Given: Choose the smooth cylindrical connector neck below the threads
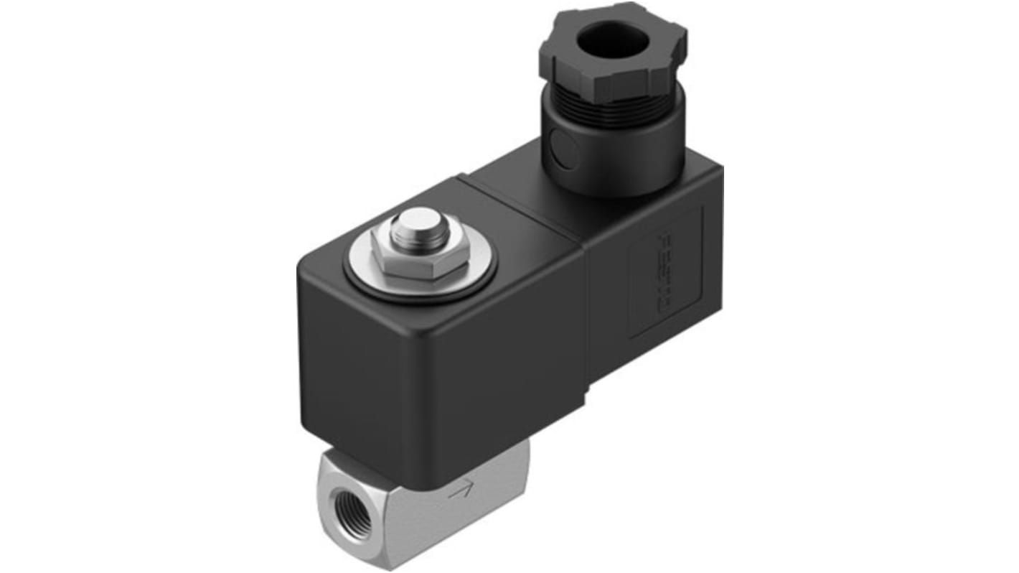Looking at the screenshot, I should pos(617,162).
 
